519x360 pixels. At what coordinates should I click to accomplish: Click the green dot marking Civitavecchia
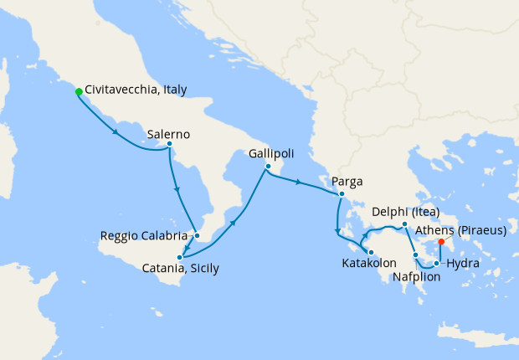(78, 91)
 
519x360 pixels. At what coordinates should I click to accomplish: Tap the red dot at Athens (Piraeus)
(441, 242)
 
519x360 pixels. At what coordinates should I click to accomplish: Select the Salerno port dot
(169, 144)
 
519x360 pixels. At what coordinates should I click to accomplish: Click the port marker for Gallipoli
(267, 166)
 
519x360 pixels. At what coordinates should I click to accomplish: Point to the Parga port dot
(342, 194)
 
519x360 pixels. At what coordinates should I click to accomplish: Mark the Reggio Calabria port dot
(197, 235)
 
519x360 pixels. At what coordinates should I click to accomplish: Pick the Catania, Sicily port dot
(180, 257)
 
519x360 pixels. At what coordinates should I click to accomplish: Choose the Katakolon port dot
(371, 252)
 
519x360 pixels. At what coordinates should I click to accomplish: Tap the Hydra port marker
(436, 264)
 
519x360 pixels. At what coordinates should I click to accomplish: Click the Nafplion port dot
(415, 253)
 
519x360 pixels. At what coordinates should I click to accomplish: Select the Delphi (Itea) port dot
(404, 224)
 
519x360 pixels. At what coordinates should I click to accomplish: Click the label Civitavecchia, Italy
(136, 90)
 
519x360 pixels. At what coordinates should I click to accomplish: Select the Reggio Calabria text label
(143, 235)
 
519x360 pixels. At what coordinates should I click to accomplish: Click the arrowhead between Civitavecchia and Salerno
(115, 132)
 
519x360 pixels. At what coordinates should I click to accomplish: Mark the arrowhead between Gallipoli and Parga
(299, 182)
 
